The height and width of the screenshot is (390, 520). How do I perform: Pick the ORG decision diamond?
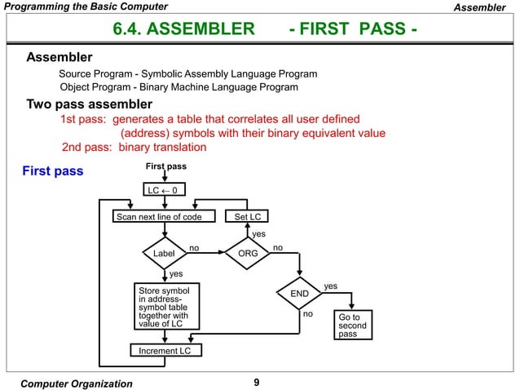(x=247, y=254)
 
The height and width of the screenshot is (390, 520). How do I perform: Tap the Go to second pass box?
(x=353, y=324)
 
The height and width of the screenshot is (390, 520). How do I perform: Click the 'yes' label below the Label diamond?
(x=175, y=274)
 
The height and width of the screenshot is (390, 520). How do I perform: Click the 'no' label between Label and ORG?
(x=194, y=246)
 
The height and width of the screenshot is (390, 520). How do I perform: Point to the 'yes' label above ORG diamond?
(x=258, y=234)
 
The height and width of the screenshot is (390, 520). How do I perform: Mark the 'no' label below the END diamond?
(x=308, y=313)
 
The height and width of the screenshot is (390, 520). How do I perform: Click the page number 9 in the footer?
(x=258, y=383)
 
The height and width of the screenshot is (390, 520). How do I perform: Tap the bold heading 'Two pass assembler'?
(x=90, y=104)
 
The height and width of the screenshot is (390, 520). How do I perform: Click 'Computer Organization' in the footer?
(x=76, y=383)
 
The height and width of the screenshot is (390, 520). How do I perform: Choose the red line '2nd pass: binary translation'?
(x=134, y=148)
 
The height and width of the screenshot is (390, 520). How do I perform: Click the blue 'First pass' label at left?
(x=52, y=172)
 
